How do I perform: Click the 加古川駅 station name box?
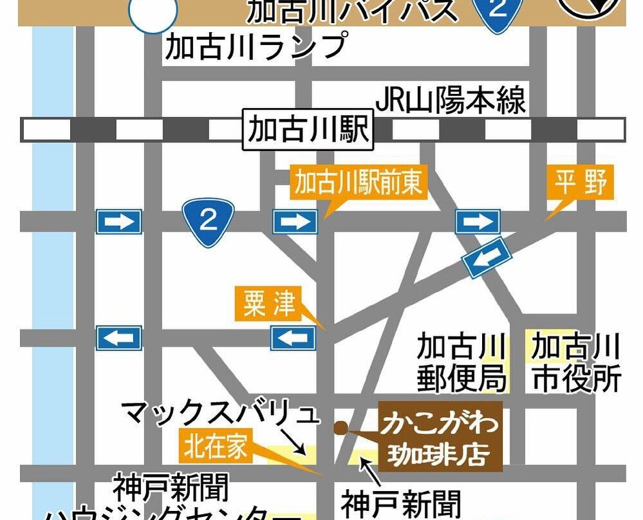pyautogui.click(x=308, y=129)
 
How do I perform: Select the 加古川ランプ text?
pyautogui.click(x=256, y=46)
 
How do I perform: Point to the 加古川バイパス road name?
pyautogui.click(x=353, y=11)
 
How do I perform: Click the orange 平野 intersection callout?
pyautogui.click(x=582, y=183)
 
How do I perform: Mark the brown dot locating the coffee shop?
pyautogui.click(x=340, y=426)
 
